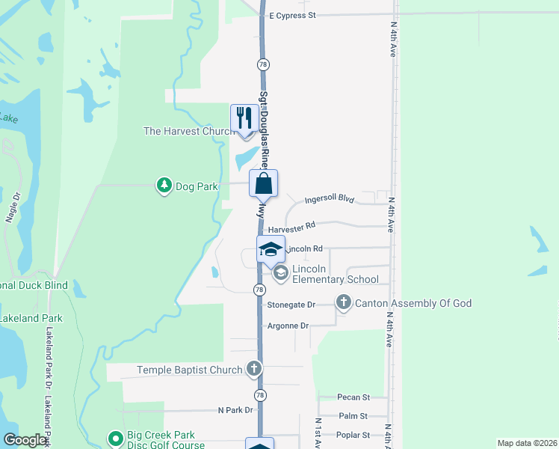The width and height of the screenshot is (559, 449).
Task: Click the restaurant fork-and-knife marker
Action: [244, 118]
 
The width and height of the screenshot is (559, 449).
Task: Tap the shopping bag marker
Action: [263, 183]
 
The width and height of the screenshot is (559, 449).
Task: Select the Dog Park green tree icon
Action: [164, 185]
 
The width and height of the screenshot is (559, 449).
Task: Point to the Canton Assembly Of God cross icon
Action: [343, 302]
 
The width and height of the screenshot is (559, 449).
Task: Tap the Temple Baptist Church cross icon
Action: [254, 368]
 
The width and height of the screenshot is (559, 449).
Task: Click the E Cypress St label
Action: [293, 15]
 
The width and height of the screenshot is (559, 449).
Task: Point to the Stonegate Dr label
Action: [291, 305]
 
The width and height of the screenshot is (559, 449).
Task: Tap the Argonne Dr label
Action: [288, 326]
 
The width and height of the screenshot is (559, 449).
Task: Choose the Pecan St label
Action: [353, 397]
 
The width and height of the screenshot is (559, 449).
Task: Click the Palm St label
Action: [353, 416]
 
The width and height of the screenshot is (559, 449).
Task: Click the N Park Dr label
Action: [235, 410]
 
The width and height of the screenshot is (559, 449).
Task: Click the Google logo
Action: [25, 441]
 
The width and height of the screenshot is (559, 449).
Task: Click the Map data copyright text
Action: [527, 443]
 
